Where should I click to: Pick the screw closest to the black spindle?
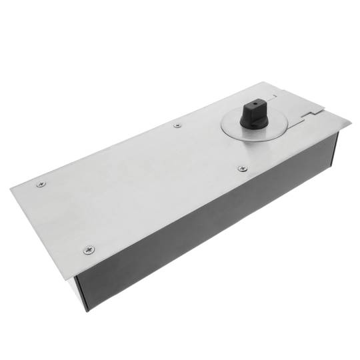point(241,169)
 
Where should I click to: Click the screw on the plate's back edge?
point(177,125)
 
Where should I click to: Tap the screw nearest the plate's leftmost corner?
point(40,185)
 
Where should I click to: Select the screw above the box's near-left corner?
point(89,249)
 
